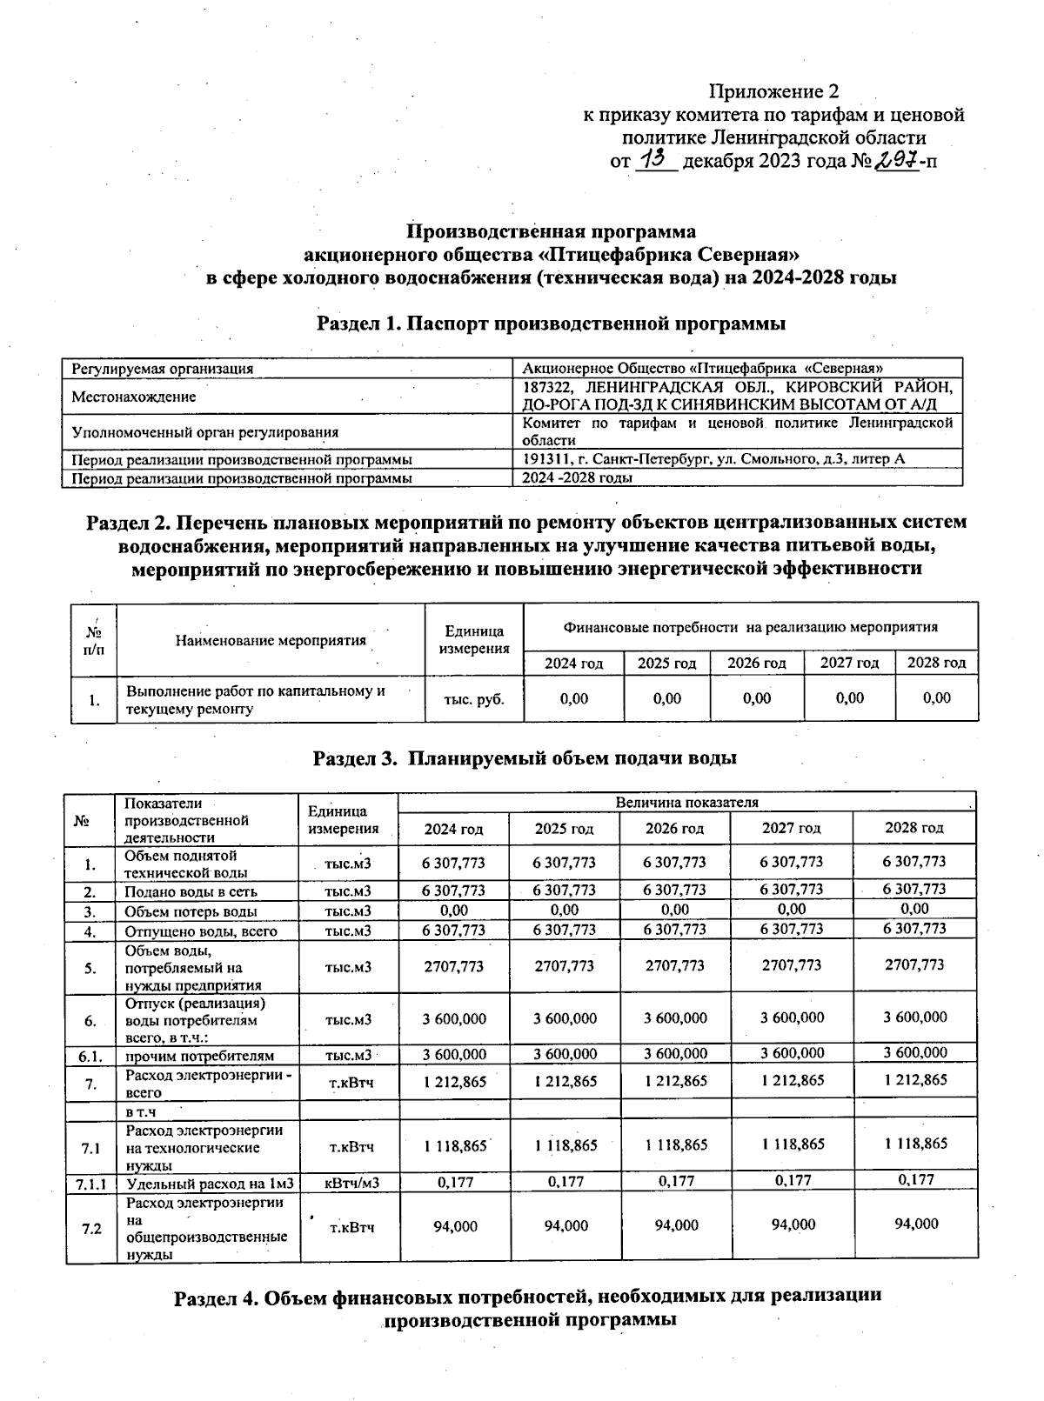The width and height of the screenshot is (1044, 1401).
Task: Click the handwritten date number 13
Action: [655, 158]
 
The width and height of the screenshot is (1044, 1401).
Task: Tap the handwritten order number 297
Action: [896, 158]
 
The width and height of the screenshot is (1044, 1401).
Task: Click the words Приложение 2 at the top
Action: [773, 91]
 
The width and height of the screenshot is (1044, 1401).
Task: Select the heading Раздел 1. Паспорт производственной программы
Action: [551, 324]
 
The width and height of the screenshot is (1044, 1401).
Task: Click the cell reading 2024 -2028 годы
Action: [577, 477]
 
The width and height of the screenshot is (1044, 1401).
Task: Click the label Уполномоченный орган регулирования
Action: [204, 431]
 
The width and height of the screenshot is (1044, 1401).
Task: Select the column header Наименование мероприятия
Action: [271, 641]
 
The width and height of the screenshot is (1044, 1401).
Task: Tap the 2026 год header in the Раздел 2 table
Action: [757, 663]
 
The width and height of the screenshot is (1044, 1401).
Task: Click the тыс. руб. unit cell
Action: [473, 698]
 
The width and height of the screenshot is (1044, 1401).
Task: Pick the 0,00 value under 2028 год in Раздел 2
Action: [936, 698]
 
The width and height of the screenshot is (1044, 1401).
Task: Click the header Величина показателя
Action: [686, 802]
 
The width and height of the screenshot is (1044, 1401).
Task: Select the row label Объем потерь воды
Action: [191, 911]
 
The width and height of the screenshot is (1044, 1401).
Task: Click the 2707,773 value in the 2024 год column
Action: [453, 965]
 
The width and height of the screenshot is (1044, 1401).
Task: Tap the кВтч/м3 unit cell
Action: [351, 1182]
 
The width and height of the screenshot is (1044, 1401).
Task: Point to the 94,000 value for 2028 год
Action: [916, 1224]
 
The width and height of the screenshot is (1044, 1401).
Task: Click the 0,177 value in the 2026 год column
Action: [675, 1181]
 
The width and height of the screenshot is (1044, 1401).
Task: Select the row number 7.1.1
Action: [90, 1183]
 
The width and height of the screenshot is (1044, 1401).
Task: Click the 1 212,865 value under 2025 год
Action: [565, 1081]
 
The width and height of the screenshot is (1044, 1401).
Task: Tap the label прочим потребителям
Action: [200, 1056]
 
